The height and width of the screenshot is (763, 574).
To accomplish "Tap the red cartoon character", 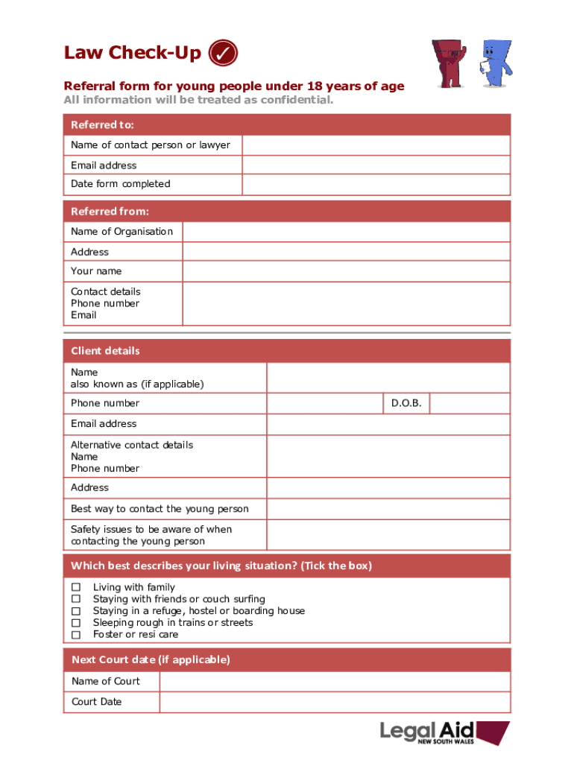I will (450, 62).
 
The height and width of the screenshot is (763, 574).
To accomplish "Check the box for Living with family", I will (75, 587).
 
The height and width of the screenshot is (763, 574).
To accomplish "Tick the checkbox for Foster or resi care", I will (75, 635).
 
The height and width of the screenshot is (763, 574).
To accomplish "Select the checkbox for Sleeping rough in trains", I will (75, 623).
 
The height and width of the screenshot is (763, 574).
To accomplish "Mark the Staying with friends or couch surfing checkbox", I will (75, 599).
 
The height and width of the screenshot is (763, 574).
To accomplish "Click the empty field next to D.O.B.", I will (470, 403).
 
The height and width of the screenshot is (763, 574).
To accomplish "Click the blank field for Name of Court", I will (335, 681).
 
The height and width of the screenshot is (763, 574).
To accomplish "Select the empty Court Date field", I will (335, 702).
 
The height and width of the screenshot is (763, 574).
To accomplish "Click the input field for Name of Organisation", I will (346, 232).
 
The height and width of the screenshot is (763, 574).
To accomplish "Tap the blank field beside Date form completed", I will (376, 184).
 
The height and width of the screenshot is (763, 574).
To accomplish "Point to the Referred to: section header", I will (102, 124).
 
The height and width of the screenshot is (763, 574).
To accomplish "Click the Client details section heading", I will (105, 351).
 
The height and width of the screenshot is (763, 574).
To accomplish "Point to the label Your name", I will (96, 271).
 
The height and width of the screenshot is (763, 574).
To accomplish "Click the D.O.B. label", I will (406, 403).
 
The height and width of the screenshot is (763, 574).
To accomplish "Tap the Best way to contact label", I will (160, 509).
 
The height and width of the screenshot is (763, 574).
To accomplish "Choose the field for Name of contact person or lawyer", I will (376, 145).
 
